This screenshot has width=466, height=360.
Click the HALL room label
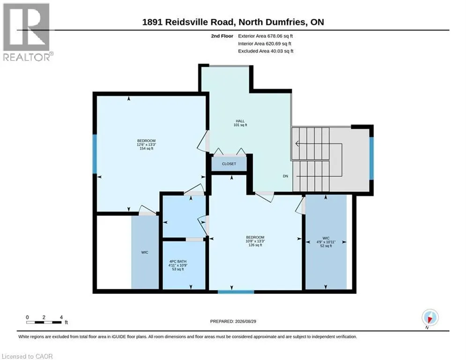coord(240,121)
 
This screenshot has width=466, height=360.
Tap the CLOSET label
coord(229,164)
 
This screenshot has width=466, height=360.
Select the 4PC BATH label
coord(178,262)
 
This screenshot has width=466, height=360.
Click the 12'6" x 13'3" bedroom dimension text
coord(146,144)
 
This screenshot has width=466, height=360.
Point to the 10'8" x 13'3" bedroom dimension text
coord(255,241)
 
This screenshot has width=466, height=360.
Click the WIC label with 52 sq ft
coord(325,238)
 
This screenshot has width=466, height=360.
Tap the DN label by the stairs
coord(285,176)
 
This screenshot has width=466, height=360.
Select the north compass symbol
coord(430,317)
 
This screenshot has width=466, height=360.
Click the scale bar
coord(44,322)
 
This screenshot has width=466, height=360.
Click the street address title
coord(233,22)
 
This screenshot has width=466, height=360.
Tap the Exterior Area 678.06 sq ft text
coord(266,36)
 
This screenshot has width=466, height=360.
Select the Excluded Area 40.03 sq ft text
coord(266,51)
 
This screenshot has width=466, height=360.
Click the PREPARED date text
coord(233,321)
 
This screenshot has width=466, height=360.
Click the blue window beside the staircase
coord(371,158)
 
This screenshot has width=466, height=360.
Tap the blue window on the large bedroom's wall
coord(95,154)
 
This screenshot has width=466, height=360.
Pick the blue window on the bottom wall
coord(236,292)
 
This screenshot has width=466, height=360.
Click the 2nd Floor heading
coord(222,36)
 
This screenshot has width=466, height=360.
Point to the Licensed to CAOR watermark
coord(27,356)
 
